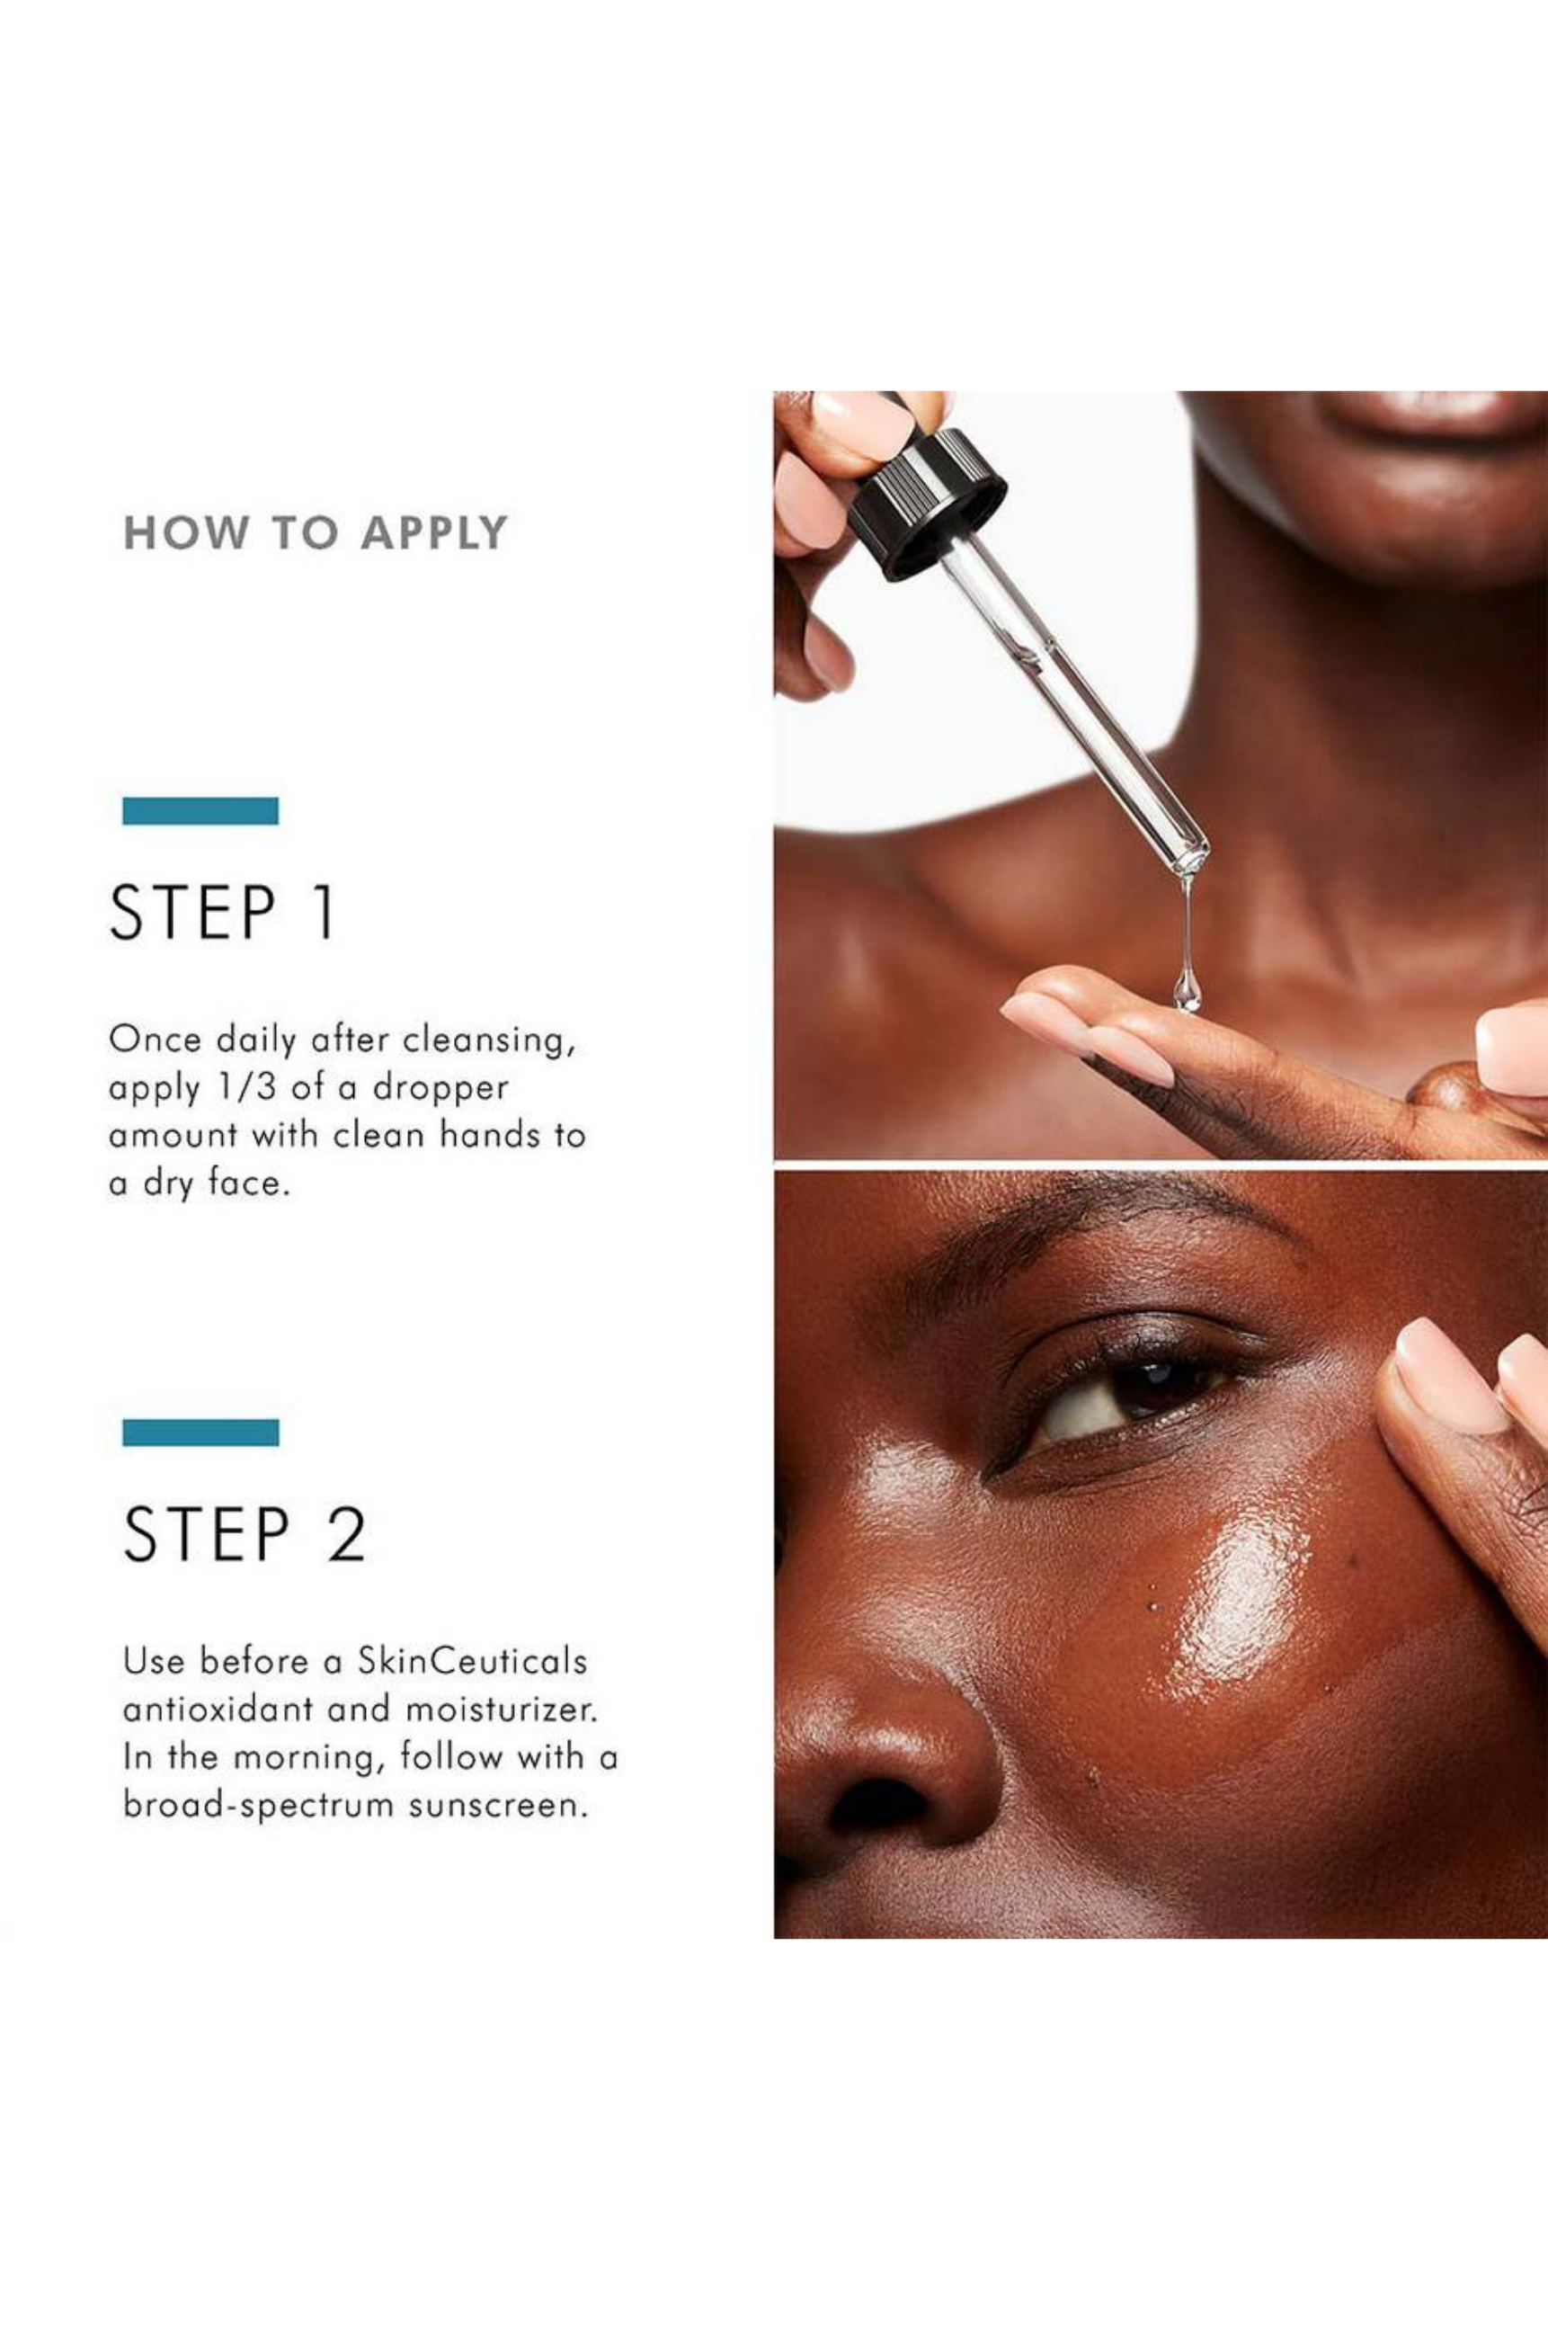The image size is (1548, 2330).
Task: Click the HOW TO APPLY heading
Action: (315, 533)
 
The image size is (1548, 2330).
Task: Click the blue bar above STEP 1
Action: (200, 810)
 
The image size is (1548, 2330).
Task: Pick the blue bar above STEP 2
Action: (200, 1432)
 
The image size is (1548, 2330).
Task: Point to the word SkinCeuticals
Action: (472, 1661)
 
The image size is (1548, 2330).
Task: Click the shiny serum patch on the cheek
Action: (1234, 1590)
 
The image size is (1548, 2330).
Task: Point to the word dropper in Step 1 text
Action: (440, 1088)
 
